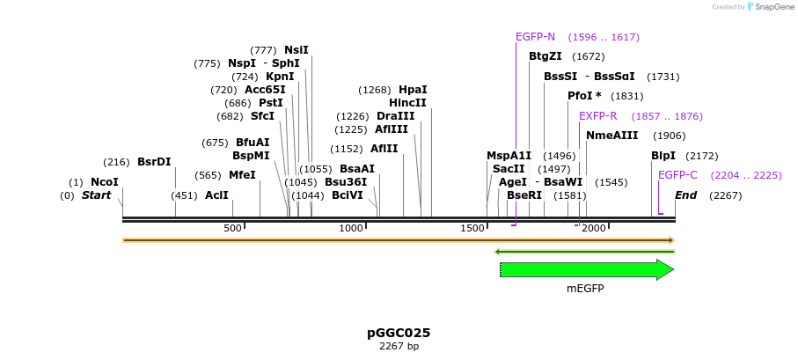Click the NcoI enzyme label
pyautogui.click(x=104, y=182)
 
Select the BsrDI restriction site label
pyautogui.click(x=154, y=162)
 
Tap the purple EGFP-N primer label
pyautogui.click(x=535, y=37)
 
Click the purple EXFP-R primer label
pyautogui.click(x=597, y=116)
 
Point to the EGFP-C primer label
pyautogui.click(x=677, y=175)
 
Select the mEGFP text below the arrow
pyautogui.click(x=585, y=288)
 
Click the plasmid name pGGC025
pyautogui.click(x=399, y=333)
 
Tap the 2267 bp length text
pyautogui.click(x=399, y=347)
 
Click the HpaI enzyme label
pyautogui.click(x=413, y=90)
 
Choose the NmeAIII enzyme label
pyautogui.click(x=611, y=136)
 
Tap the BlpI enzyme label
pyautogui.click(x=663, y=156)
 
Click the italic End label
pyautogui.click(x=685, y=195)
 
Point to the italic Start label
pyautogui.click(x=96, y=195)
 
